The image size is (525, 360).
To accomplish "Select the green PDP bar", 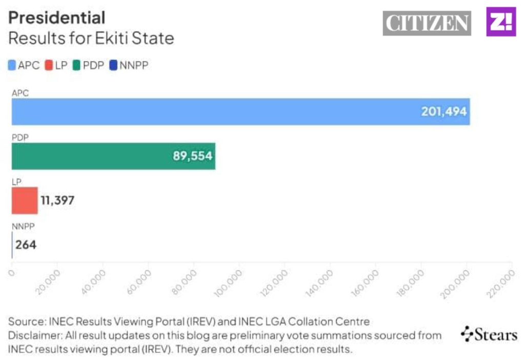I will pos(113,156).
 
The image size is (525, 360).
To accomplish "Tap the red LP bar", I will pos(25,200).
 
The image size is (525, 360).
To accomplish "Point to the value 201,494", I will pos(444,111).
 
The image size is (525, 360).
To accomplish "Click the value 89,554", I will pos(192,156).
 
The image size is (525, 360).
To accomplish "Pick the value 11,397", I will pos(57,200).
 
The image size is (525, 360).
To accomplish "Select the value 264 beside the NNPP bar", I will pos(26,245).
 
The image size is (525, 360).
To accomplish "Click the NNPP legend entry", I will pos(129,65).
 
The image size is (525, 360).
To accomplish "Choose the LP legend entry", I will pos(56,65).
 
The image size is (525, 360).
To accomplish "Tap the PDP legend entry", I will pos(88,65).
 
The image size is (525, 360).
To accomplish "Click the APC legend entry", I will pos(24,65).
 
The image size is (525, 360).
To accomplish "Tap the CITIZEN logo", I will pos(427,23).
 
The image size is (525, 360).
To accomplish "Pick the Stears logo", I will pos(489,335).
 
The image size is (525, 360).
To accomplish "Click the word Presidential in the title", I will pos(57,17).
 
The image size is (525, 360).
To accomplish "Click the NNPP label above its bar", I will pos(23,225).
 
